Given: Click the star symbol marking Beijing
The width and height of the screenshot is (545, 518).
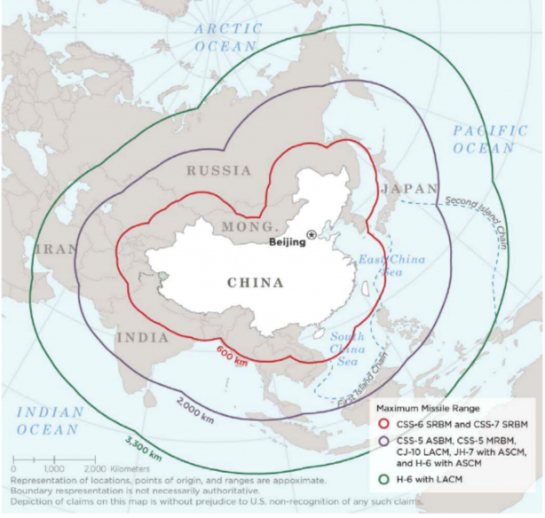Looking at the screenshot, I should [311, 234].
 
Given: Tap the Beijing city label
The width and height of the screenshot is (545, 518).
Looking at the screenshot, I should [288, 243].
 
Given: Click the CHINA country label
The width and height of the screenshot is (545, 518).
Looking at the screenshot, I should [255, 282].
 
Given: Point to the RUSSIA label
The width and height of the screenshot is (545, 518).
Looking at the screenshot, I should [218, 171].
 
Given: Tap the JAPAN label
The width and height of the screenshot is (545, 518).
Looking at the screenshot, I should [409, 189].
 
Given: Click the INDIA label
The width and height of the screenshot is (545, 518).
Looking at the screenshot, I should [143, 337].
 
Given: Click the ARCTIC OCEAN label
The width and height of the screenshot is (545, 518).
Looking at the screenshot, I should [228, 37].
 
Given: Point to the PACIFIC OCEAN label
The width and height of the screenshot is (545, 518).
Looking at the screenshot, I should [490, 139].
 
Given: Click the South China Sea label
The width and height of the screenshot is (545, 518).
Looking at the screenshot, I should [347, 349].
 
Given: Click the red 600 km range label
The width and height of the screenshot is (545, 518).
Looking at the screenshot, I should [232, 353].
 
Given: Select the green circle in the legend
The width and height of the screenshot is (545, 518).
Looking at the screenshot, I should [382, 479].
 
